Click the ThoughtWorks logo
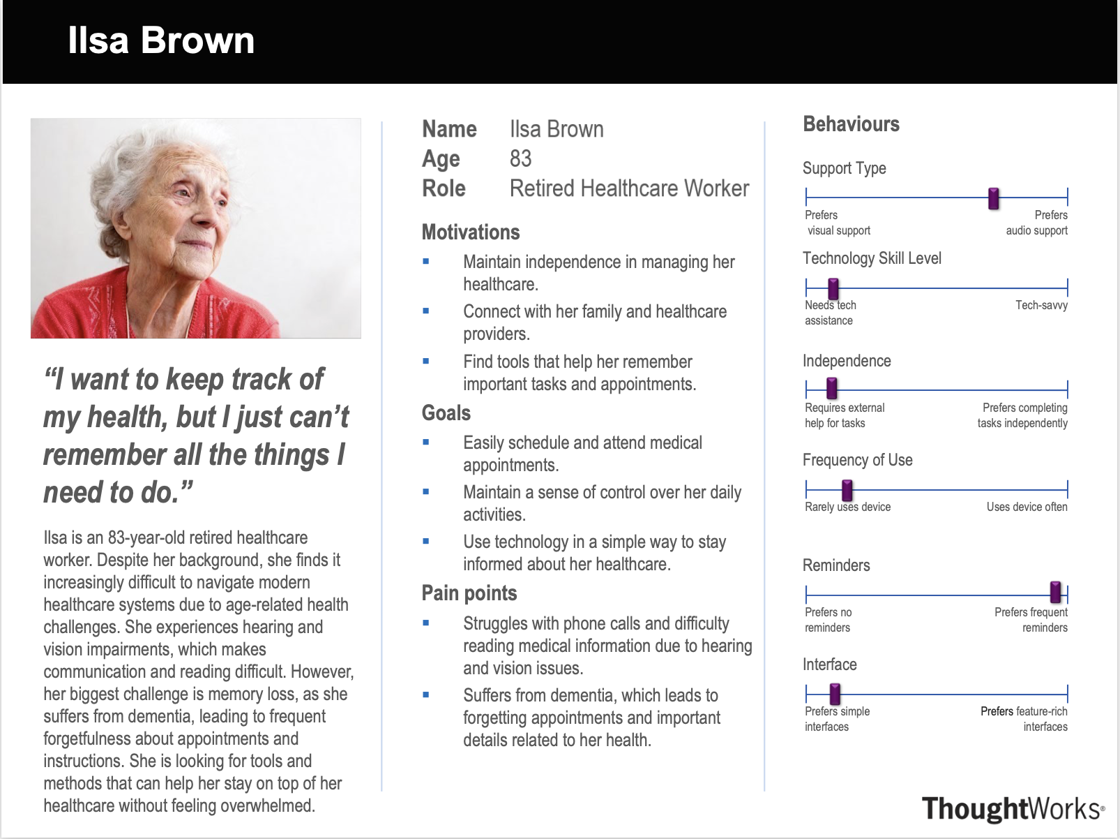pyautogui.click(x=1013, y=808)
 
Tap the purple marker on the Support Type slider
pyautogui.click(x=993, y=199)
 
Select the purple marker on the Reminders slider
pyautogui.click(x=1055, y=593)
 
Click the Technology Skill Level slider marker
pyautogui.click(x=833, y=289)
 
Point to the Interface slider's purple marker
pyautogui.click(x=835, y=694)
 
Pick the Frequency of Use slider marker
pyautogui.click(x=847, y=490)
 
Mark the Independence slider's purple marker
pyautogui.click(x=831, y=388)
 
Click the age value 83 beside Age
pyautogui.click(x=520, y=158)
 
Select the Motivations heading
pyautogui.click(x=471, y=232)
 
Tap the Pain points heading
pyautogui.click(x=469, y=593)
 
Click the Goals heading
pyautogui.click(x=446, y=413)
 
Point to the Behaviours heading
pyautogui.click(x=851, y=124)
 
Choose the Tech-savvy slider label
pyautogui.click(x=1041, y=305)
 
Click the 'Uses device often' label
pyautogui.click(x=1027, y=507)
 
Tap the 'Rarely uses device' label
pyautogui.click(x=847, y=507)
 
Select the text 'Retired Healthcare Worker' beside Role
pyautogui.click(x=629, y=188)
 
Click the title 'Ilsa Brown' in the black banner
pyautogui.click(x=161, y=40)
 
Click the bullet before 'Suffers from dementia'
pyautogui.click(x=425, y=695)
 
